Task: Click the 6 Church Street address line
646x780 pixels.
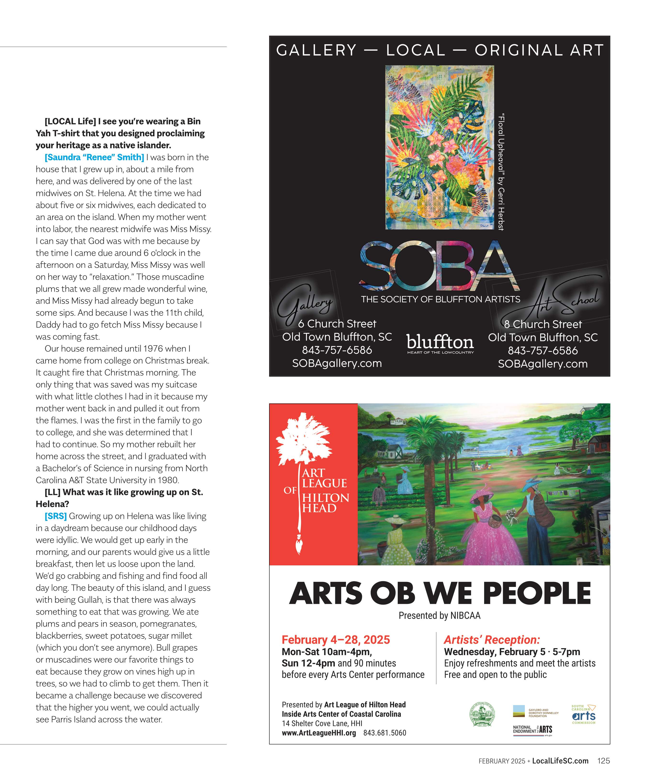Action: click(337, 324)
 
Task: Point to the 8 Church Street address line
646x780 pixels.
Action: click(543, 324)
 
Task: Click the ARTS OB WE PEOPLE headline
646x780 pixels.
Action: click(440, 594)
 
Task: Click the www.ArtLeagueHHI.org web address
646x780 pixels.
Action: click(318, 733)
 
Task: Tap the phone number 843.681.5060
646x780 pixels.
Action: click(385, 733)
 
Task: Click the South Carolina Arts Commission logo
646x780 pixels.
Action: click(584, 715)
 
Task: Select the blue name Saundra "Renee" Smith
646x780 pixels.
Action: click(94, 157)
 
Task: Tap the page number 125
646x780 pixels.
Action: click(603, 761)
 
